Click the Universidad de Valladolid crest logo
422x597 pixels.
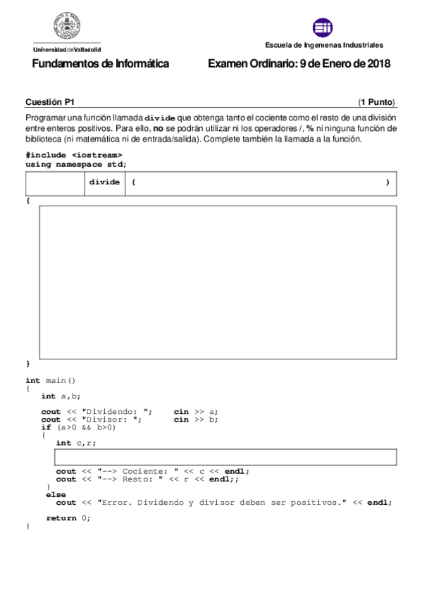coord(66,28)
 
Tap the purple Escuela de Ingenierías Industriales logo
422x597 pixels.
coord(323,28)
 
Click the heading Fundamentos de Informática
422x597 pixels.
coord(101,64)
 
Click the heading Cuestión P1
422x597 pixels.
coord(49,101)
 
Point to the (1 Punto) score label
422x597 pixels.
coord(376,101)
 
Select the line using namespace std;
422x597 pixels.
coord(76,163)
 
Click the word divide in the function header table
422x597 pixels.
coord(104,182)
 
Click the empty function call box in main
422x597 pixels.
coord(225,457)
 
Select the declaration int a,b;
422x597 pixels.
coord(59,396)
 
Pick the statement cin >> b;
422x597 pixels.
coord(196,420)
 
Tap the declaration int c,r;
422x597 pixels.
coord(76,443)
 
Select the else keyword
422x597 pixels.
coord(56,495)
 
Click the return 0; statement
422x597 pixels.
coord(68,518)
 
